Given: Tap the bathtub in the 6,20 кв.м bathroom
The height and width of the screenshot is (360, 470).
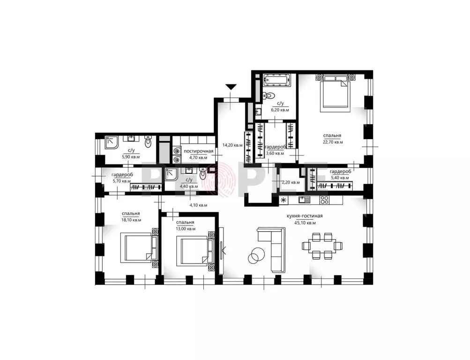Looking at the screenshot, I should pos(277,80).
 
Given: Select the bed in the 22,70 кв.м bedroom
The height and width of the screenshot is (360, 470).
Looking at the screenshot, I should pos(335,92).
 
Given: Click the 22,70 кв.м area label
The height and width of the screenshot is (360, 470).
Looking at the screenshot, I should pos(333,142).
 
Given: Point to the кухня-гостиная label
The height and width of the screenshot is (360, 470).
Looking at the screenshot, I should pos(305,216).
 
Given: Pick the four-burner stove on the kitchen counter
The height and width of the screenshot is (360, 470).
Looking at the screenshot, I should pos(325,199).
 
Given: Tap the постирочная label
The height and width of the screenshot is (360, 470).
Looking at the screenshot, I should pos(199,151).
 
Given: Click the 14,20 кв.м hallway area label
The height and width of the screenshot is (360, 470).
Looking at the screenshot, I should pos(232,145).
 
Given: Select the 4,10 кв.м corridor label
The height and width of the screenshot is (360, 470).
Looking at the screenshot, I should pos(199,205).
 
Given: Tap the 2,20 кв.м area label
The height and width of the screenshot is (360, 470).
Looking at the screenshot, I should pos(291,182).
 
